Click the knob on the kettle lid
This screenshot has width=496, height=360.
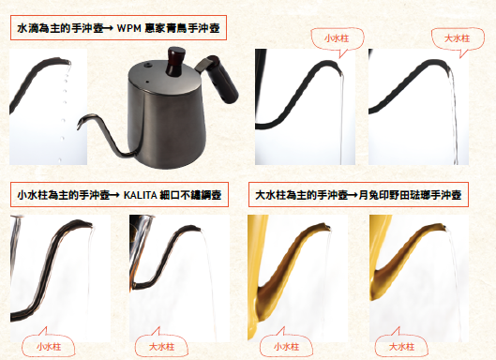pyautogui.click(x=176, y=61)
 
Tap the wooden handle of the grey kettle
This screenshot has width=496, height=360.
pyautogui.click(x=222, y=80)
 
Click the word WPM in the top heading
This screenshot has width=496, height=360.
pyautogui.click(x=128, y=28)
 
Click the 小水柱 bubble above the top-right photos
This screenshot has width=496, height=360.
pyautogui.click(x=337, y=38)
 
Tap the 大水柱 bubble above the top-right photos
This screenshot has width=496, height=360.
pyautogui.click(x=458, y=38)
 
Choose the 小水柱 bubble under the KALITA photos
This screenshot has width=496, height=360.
pyautogui.click(x=49, y=347)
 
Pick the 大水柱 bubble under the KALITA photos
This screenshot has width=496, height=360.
pyautogui.click(x=161, y=347)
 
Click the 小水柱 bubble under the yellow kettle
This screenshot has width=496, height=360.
pyautogui.click(x=286, y=347)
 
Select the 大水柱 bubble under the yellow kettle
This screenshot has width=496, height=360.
pyautogui.click(x=401, y=347)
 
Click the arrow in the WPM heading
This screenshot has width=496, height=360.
pyautogui.click(x=109, y=28)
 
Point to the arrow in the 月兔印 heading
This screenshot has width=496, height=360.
pyautogui.click(x=353, y=195)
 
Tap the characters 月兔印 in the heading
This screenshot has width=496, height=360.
pyautogui.click(x=374, y=195)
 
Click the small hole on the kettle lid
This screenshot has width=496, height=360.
pyautogui.click(x=147, y=82)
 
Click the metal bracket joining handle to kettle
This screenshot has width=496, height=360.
pyautogui.click(x=203, y=64)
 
